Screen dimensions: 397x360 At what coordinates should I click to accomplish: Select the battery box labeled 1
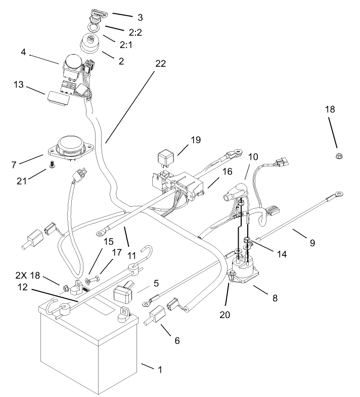86,354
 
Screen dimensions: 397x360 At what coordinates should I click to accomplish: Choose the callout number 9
312,243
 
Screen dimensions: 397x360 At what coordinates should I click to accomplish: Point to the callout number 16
227,172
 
